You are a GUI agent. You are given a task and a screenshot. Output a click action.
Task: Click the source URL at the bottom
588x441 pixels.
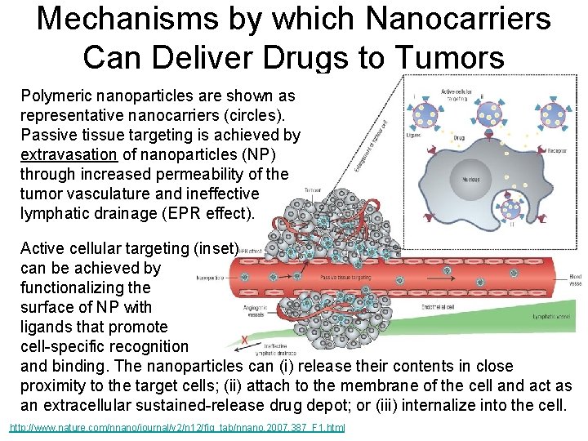[x=177, y=427]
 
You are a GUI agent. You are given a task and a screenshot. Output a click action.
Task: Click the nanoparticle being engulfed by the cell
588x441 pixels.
[x=511, y=208]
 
